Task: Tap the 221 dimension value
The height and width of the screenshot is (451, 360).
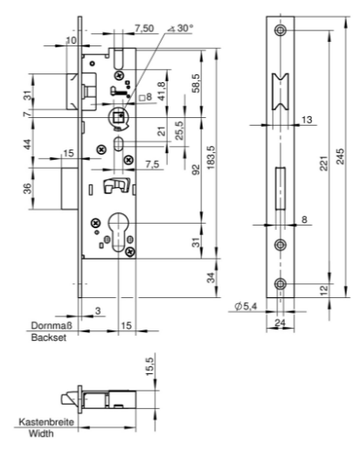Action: [323, 163]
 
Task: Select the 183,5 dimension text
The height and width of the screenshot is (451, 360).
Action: [211, 157]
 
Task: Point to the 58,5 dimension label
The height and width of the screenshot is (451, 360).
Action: [197, 83]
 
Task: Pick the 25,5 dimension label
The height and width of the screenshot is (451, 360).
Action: [180, 130]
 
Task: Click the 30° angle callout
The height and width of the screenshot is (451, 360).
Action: [181, 28]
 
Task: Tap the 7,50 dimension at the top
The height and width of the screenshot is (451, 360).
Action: [144, 28]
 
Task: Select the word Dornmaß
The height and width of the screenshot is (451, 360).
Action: [52, 325]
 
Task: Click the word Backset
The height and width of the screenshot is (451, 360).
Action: [49, 337]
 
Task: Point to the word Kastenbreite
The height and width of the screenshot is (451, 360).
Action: [46, 421]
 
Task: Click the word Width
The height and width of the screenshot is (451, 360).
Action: [41, 434]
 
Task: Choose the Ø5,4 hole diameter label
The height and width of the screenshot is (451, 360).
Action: [246, 306]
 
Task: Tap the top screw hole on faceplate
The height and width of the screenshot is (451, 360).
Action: [280, 30]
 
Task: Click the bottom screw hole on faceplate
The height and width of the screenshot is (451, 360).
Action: [280, 283]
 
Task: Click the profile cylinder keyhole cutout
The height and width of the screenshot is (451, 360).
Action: [118, 232]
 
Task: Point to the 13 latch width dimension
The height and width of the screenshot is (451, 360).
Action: [307, 120]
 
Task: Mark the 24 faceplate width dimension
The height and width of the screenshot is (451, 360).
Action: [280, 323]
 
